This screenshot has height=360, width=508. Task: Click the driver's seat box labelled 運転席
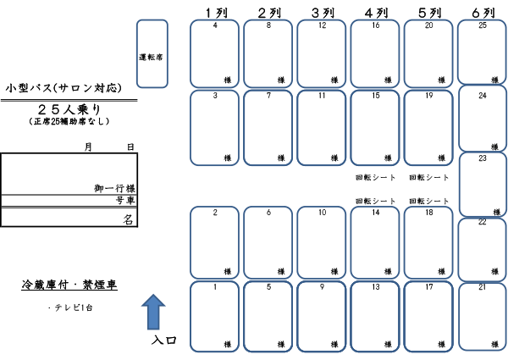[152, 54]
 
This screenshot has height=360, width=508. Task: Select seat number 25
[483, 52]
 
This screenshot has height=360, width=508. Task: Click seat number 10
[323, 242]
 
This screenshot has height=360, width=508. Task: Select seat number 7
[268, 126]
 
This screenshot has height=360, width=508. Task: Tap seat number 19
[429, 126]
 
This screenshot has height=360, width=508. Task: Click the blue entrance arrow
[152, 311]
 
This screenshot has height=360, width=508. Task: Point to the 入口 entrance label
[164, 341]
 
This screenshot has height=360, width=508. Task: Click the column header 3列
[323, 12]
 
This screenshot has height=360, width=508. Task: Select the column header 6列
[483, 12]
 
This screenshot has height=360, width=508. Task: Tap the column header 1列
[215, 12]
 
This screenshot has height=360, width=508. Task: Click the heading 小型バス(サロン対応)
[63, 87]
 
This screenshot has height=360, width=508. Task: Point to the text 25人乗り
[69, 108]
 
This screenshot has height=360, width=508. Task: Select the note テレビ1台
[72, 307]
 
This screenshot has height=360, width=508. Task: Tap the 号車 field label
[125, 202]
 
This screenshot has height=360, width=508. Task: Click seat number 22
[483, 248]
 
